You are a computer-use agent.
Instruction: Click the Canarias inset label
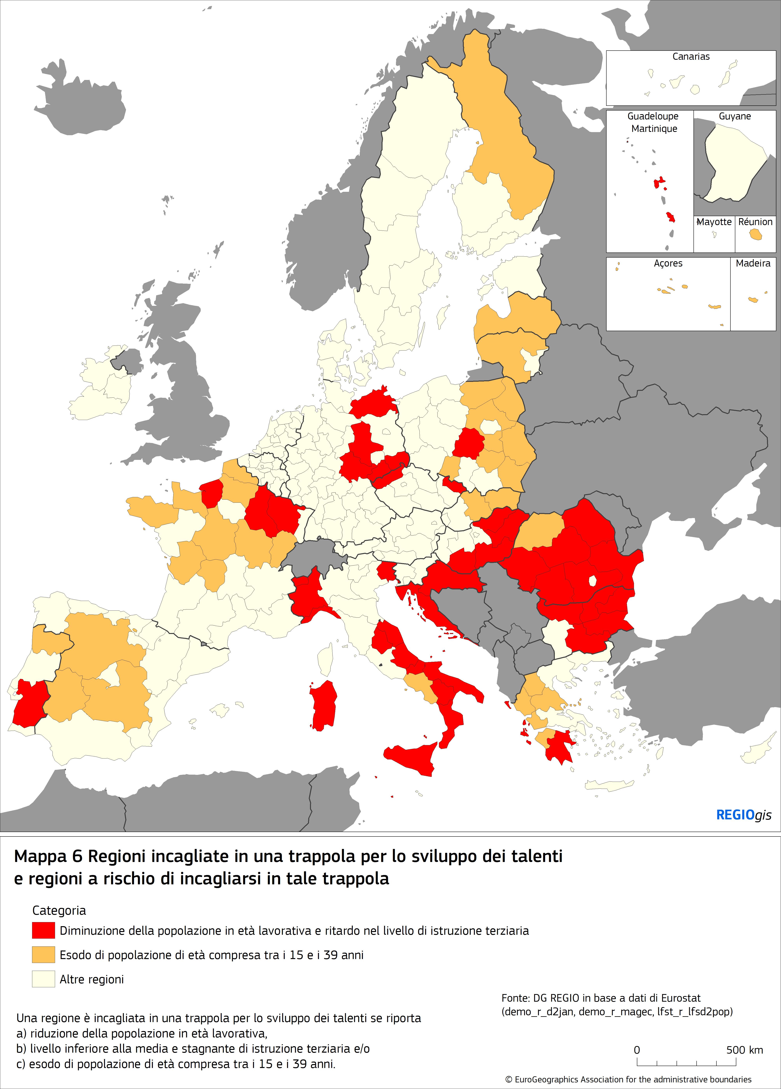[x=691, y=57]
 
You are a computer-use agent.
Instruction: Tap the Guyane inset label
[x=735, y=116]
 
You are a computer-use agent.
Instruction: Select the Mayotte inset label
[x=714, y=222]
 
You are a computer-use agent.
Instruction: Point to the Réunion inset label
[x=755, y=222]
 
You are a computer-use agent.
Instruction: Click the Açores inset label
[x=668, y=263]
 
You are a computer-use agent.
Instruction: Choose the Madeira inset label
[x=753, y=263]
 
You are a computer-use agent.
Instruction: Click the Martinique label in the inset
[x=654, y=129]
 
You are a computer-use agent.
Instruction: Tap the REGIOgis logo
[x=743, y=815]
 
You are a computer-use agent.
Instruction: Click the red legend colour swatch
[x=43, y=930]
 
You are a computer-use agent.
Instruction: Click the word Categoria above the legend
[x=59, y=910]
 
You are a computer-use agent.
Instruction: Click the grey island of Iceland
[x=79, y=98]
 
